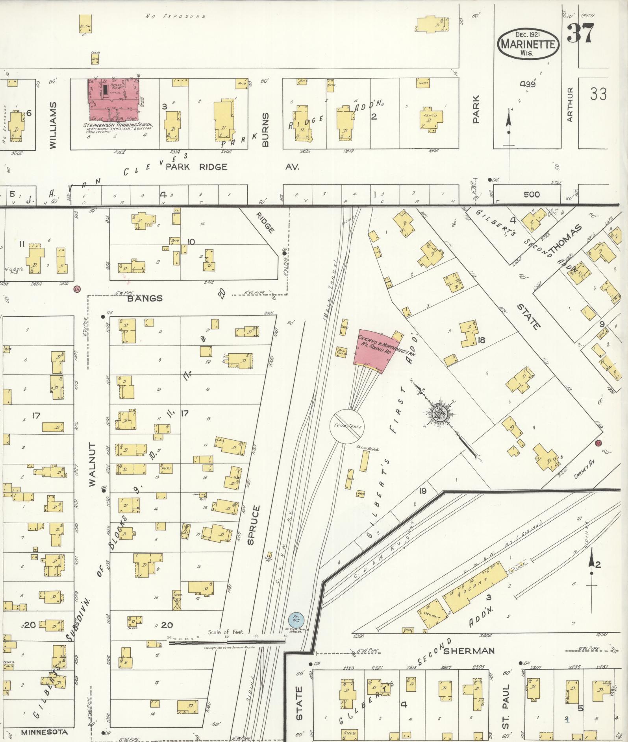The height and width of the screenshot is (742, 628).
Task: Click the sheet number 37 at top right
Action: pos(580,34)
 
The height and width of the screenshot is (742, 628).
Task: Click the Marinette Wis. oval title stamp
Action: pos(528,44)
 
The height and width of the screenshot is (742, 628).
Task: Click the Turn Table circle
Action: pos(346,426)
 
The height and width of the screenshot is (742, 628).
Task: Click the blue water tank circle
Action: pos(296,620)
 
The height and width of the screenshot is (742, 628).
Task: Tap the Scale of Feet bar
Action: pos(227,642)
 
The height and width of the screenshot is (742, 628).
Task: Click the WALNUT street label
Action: pos(93,465)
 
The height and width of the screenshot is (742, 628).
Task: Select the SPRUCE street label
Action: pos(253,525)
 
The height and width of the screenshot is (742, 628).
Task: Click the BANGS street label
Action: pos(145,298)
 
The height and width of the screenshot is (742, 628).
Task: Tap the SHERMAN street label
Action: pos(469,651)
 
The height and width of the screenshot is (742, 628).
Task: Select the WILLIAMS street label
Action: pos(54,125)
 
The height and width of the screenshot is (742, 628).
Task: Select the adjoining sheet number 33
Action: pos(598,94)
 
